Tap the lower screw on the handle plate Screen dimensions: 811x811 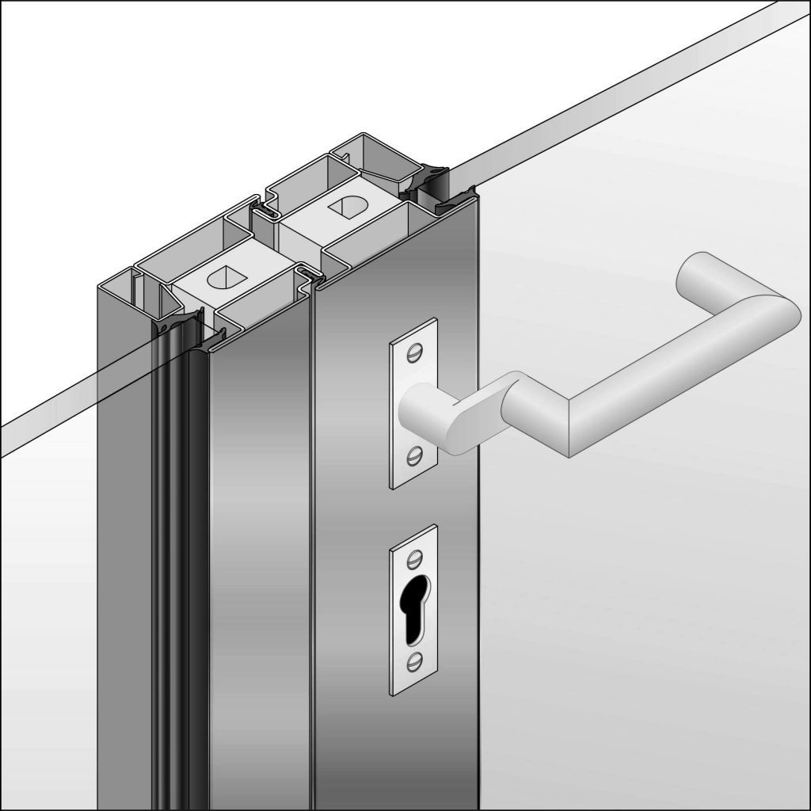pyautogui.click(x=415, y=454)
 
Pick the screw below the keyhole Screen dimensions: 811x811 pyautogui.click(x=414, y=660)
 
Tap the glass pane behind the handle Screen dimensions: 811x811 pyautogui.click(x=634, y=594)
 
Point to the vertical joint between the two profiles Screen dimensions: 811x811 pyautogui.click(x=312, y=554)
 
